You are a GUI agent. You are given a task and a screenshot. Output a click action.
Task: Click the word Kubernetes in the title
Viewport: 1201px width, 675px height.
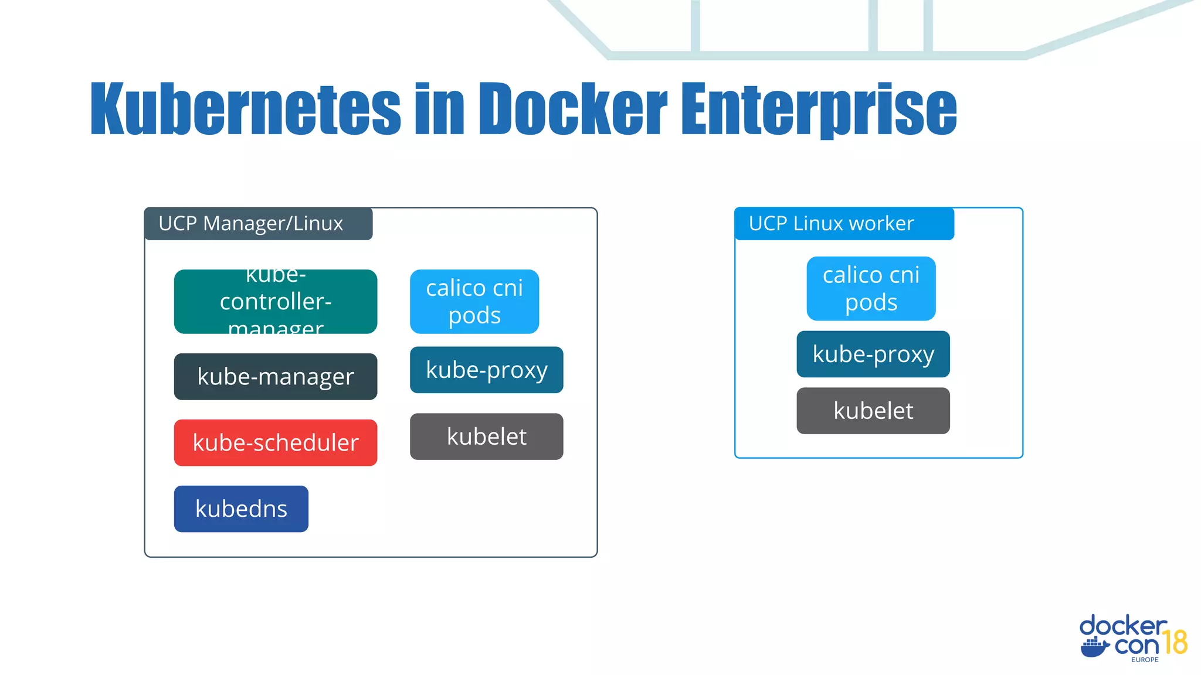245,108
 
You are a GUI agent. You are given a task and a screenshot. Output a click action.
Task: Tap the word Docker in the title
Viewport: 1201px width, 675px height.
573,108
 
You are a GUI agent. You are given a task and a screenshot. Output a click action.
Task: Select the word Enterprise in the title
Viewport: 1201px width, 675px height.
819,108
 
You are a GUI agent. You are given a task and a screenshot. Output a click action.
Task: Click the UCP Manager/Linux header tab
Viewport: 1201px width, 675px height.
258,224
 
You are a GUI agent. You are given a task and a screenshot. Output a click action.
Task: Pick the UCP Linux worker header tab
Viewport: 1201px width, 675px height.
843,224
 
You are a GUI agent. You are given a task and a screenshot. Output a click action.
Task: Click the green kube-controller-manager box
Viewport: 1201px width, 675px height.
275,302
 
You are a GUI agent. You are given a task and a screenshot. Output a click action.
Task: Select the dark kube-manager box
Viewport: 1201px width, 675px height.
275,377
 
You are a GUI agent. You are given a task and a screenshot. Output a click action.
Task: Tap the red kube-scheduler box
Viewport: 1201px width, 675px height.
275,443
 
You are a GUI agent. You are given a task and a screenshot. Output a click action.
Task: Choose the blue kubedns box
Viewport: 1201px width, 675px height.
241,509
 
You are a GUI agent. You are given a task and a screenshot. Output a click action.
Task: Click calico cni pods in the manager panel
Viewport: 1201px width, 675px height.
474,302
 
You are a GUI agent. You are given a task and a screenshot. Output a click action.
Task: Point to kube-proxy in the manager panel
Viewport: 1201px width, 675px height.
486,370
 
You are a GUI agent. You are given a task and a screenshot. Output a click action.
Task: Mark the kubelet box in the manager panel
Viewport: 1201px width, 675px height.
486,437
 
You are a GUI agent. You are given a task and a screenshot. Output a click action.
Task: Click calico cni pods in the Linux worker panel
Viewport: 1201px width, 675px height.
871,288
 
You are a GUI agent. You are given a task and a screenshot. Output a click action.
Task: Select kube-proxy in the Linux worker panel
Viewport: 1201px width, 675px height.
873,354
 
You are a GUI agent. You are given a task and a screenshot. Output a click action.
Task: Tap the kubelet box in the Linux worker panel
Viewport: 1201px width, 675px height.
873,411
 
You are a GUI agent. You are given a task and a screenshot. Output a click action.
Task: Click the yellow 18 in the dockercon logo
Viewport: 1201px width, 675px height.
1175,642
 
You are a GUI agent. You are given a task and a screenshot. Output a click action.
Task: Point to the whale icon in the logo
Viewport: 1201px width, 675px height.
1094,648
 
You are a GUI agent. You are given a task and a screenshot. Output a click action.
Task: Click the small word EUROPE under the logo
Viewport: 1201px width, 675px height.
1145,660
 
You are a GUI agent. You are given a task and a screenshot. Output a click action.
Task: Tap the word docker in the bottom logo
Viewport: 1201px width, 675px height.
1122,626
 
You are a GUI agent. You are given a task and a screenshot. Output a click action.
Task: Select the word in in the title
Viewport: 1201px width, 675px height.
439,108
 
